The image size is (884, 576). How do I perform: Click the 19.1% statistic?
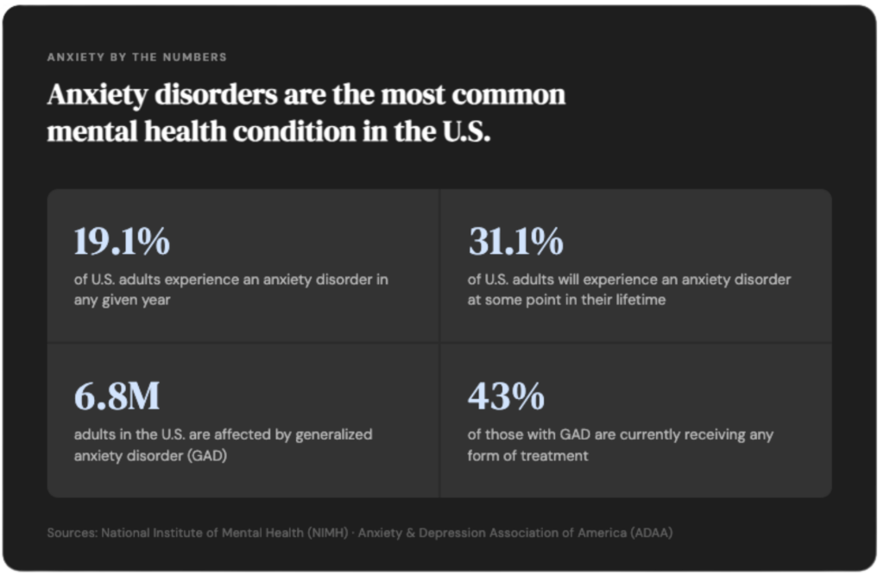pos(122,241)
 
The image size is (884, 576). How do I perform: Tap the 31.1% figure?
pos(516,241)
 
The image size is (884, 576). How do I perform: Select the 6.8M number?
pos(117,396)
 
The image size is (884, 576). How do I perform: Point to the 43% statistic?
pos(506,396)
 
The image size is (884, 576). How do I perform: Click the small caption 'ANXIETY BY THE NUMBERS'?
pos(137,57)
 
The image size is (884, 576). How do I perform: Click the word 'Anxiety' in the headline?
pos(98,95)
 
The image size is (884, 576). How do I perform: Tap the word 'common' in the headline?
pos(508,95)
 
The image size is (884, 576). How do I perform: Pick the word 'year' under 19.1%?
pos(156,301)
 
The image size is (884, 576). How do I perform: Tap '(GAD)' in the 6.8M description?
pos(208,456)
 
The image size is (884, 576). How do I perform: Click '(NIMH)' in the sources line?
pos(327,533)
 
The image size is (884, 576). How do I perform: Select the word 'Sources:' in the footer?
pos(73,533)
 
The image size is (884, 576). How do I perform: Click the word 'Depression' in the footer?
pos(451,533)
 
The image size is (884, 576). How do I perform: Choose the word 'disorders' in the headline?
pos(216,95)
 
